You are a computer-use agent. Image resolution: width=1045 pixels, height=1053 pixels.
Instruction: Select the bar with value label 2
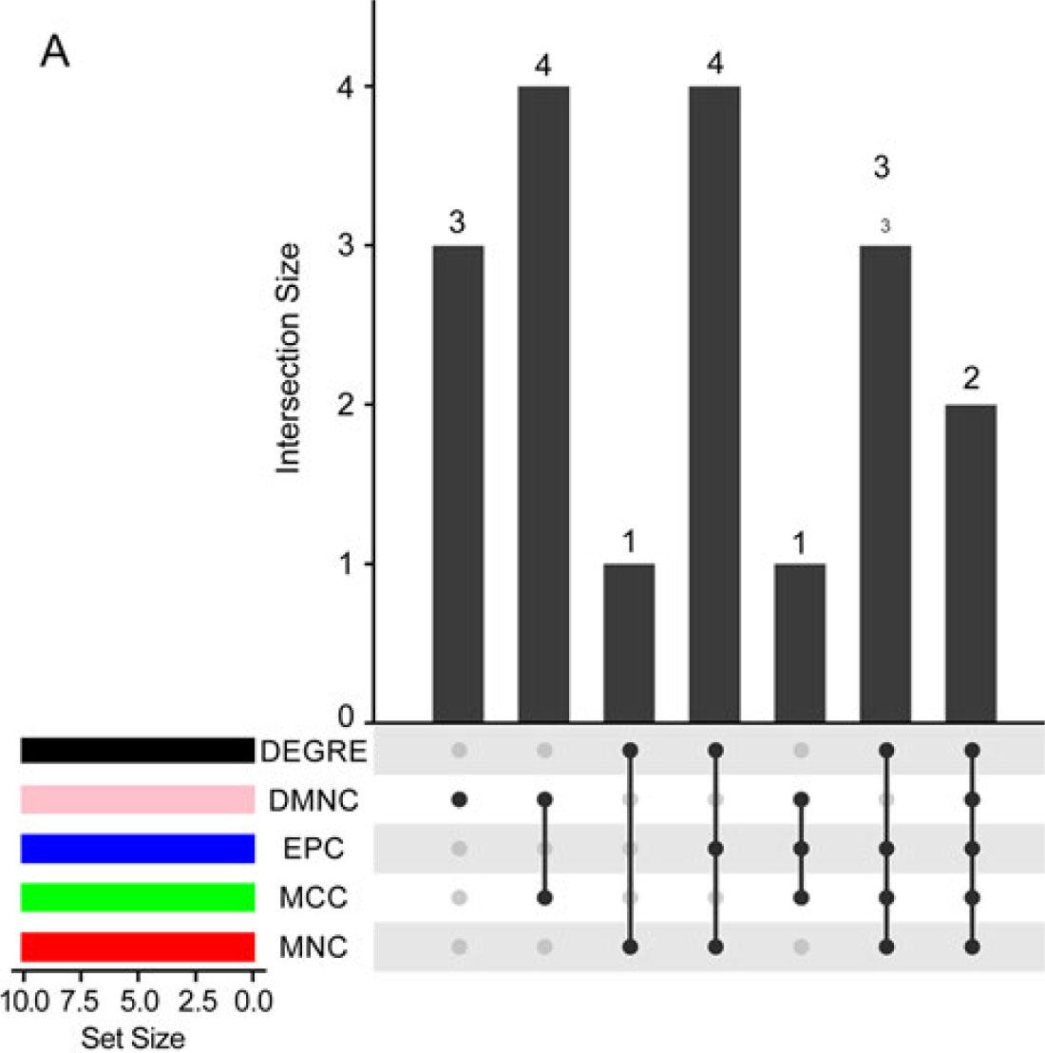(x=971, y=563)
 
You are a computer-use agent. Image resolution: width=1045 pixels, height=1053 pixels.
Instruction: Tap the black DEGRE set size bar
(x=138, y=751)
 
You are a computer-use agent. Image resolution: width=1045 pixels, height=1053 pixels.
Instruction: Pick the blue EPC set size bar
(x=138, y=849)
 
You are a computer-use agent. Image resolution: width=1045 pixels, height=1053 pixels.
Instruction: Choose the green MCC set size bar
(x=138, y=897)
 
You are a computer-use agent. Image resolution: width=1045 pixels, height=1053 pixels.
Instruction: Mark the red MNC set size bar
(x=138, y=947)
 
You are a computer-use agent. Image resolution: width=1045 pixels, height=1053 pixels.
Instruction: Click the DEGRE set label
(x=313, y=752)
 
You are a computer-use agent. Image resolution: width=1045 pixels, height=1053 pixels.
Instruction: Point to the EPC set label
(x=313, y=849)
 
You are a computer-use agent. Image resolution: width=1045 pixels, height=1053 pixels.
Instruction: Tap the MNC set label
(x=313, y=948)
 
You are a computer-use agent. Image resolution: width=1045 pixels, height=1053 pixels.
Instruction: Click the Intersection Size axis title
(x=289, y=358)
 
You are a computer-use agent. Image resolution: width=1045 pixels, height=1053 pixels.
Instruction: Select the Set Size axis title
(x=133, y=1037)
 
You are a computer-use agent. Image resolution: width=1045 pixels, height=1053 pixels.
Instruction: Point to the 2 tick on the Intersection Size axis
(x=349, y=405)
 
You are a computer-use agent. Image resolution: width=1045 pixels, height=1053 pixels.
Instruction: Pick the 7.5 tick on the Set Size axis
(x=84, y=1001)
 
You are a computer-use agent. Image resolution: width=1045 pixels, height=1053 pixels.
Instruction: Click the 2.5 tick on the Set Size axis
(x=199, y=1001)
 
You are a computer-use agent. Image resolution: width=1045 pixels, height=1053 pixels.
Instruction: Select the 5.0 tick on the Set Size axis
(x=141, y=1001)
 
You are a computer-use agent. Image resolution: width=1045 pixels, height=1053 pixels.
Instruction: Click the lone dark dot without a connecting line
(x=460, y=800)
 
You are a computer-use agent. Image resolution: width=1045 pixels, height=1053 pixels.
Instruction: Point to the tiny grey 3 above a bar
(x=885, y=226)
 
